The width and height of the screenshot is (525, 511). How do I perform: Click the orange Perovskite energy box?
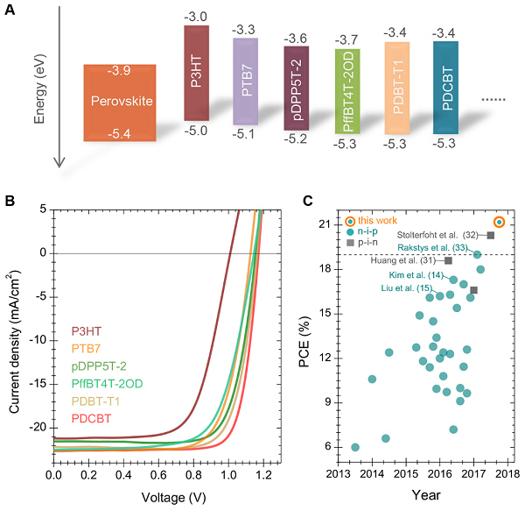pyautogui.click(x=120, y=103)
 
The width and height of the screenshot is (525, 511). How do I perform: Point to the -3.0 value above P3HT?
pyautogui.click(x=196, y=18)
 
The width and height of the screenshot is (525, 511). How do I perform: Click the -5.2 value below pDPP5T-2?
pyautogui.click(x=296, y=138)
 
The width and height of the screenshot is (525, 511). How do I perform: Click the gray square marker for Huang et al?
pyautogui.click(x=448, y=260)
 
